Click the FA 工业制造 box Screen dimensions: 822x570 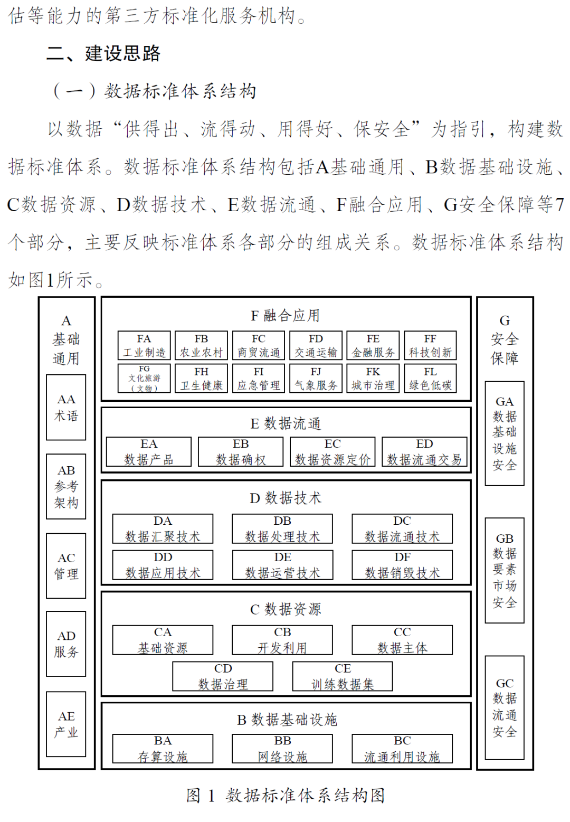144,346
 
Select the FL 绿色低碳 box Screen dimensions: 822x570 430,379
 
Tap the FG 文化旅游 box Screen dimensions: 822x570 144,379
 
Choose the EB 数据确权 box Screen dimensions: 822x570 241,452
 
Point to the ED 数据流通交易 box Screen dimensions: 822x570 424,452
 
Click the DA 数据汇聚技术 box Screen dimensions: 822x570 163,529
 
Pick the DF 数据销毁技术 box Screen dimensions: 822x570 402,565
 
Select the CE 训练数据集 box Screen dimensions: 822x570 343,677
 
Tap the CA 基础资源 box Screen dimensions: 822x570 163,640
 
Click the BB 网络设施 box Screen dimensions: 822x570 282,749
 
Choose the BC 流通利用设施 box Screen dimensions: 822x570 402,749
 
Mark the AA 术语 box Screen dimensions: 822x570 66,408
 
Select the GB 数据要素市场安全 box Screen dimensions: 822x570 505,571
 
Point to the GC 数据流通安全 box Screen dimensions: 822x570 505,707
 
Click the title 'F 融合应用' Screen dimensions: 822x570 285,316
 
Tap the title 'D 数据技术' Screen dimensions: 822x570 285,498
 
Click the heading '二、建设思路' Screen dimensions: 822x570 103,53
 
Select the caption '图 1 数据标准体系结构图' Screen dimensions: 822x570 285,795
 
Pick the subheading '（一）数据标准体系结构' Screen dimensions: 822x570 154,91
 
